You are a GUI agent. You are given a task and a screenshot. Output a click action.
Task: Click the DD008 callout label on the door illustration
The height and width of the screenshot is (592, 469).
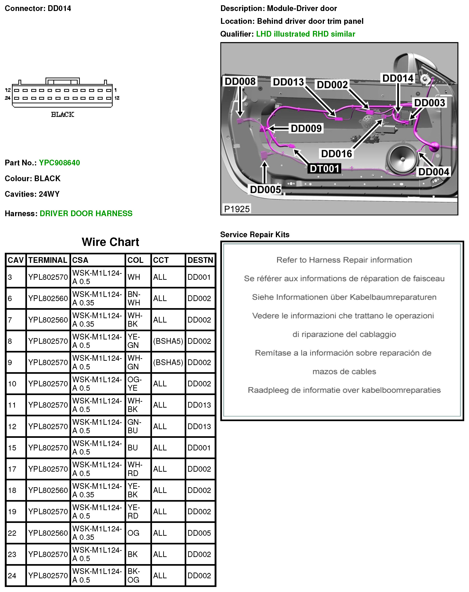coord(240,82)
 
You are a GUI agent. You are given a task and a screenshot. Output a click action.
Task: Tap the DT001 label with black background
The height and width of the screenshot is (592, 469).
coord(324,169)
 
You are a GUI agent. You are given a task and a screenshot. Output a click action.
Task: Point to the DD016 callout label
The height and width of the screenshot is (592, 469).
coord(336,154)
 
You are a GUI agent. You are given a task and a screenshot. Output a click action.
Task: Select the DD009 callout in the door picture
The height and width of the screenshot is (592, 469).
coord(306,128)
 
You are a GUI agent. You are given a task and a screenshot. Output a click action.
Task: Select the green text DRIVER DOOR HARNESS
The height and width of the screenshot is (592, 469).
coord(86,213)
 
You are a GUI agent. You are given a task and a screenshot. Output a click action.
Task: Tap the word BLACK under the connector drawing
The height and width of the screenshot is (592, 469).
coord(63,115)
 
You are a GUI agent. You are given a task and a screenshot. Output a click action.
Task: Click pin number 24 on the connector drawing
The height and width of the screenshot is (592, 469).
coord(8,98)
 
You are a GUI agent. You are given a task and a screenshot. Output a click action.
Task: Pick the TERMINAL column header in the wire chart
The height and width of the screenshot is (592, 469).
coord(48,260)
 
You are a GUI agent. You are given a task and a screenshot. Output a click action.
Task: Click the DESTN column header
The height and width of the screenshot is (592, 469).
coord(200,260)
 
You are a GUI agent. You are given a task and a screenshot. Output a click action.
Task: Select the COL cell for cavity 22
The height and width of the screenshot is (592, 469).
coord(133,533)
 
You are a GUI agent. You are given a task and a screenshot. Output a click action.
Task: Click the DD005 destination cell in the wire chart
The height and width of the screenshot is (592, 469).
coord(199,533)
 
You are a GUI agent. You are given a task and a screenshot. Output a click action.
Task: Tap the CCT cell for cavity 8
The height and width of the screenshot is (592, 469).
coord(168,341)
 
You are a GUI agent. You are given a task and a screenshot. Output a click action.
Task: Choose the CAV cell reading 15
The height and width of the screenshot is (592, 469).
coord(12,448)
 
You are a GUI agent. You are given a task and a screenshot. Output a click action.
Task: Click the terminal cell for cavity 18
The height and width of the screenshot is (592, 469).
coord(48,490)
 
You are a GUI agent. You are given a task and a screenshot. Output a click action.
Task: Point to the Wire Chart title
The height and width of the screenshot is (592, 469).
coord(110,242)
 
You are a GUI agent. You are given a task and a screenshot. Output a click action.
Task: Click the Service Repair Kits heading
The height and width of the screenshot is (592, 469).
coord(255,234)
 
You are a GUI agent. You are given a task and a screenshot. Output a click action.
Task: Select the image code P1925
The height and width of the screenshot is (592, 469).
coord(237,209)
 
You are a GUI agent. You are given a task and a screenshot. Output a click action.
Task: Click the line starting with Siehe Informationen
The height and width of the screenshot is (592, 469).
coord(344,297)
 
